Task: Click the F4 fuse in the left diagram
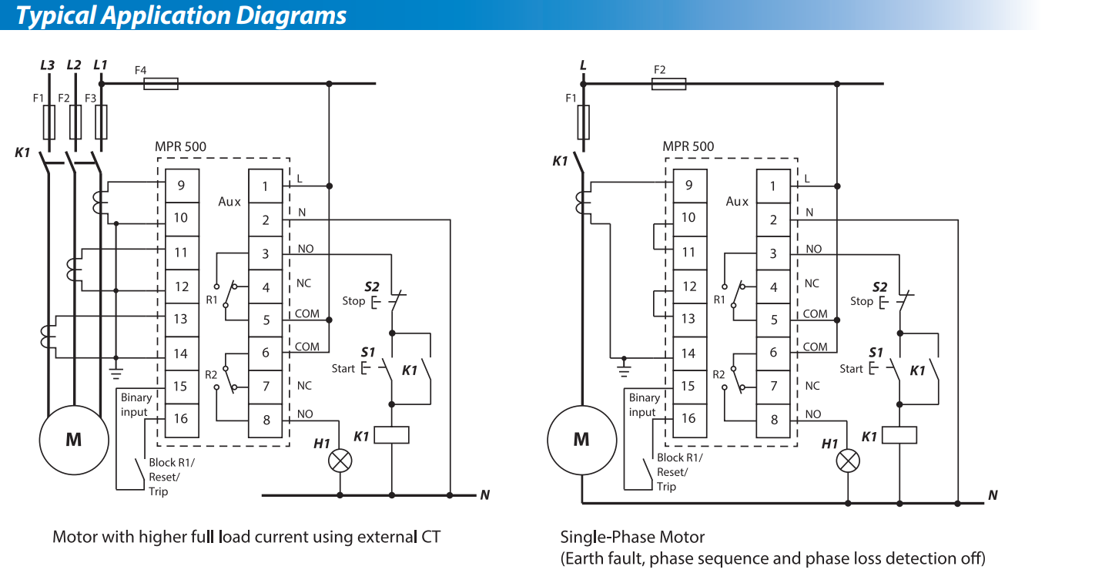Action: [161, 83]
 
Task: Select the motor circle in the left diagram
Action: [74, 440]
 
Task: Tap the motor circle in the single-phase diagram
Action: [582, 440]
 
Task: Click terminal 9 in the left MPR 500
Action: [183, 186]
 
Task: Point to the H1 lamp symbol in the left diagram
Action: [340, 461]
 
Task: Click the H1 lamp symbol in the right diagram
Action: [848, 461]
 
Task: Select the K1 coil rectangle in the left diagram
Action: [392, 435]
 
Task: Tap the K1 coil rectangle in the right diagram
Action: [899, 435]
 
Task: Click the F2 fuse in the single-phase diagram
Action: [668, 84]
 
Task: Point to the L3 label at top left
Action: [47, 65]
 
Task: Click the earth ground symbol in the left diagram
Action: [116, 374]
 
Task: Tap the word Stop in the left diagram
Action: [353, 301]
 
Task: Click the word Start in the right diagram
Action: [852, 368]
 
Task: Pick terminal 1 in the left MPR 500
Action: [266, 186]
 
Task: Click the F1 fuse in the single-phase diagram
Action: [583, 122]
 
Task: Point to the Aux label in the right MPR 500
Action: [737, 201]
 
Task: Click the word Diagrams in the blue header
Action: [291, 15]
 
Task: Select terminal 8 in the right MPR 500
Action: [773, 421]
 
